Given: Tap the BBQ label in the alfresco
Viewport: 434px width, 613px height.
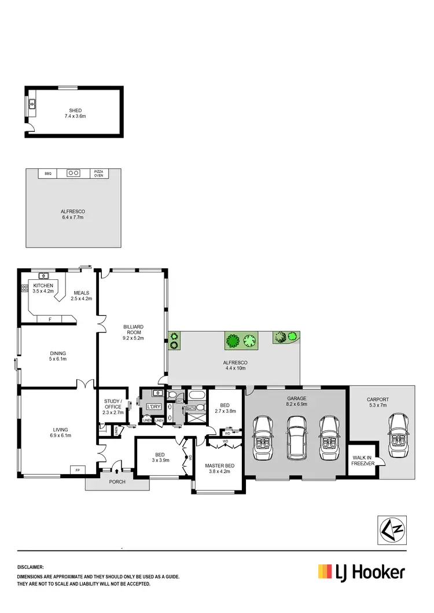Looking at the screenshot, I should pos(48,173).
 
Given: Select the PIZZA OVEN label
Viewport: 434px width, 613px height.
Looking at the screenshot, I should pos(99,173).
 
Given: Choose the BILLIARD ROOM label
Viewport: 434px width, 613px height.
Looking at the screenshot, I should pos(133,330).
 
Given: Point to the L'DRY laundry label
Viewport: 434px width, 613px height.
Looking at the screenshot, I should pos(153,407).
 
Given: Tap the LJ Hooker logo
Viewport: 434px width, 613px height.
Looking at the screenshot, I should pos(361,573).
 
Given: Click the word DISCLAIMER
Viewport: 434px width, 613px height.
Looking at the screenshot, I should pos(31,568).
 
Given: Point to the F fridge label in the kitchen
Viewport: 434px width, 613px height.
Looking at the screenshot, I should pos(50,319).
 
